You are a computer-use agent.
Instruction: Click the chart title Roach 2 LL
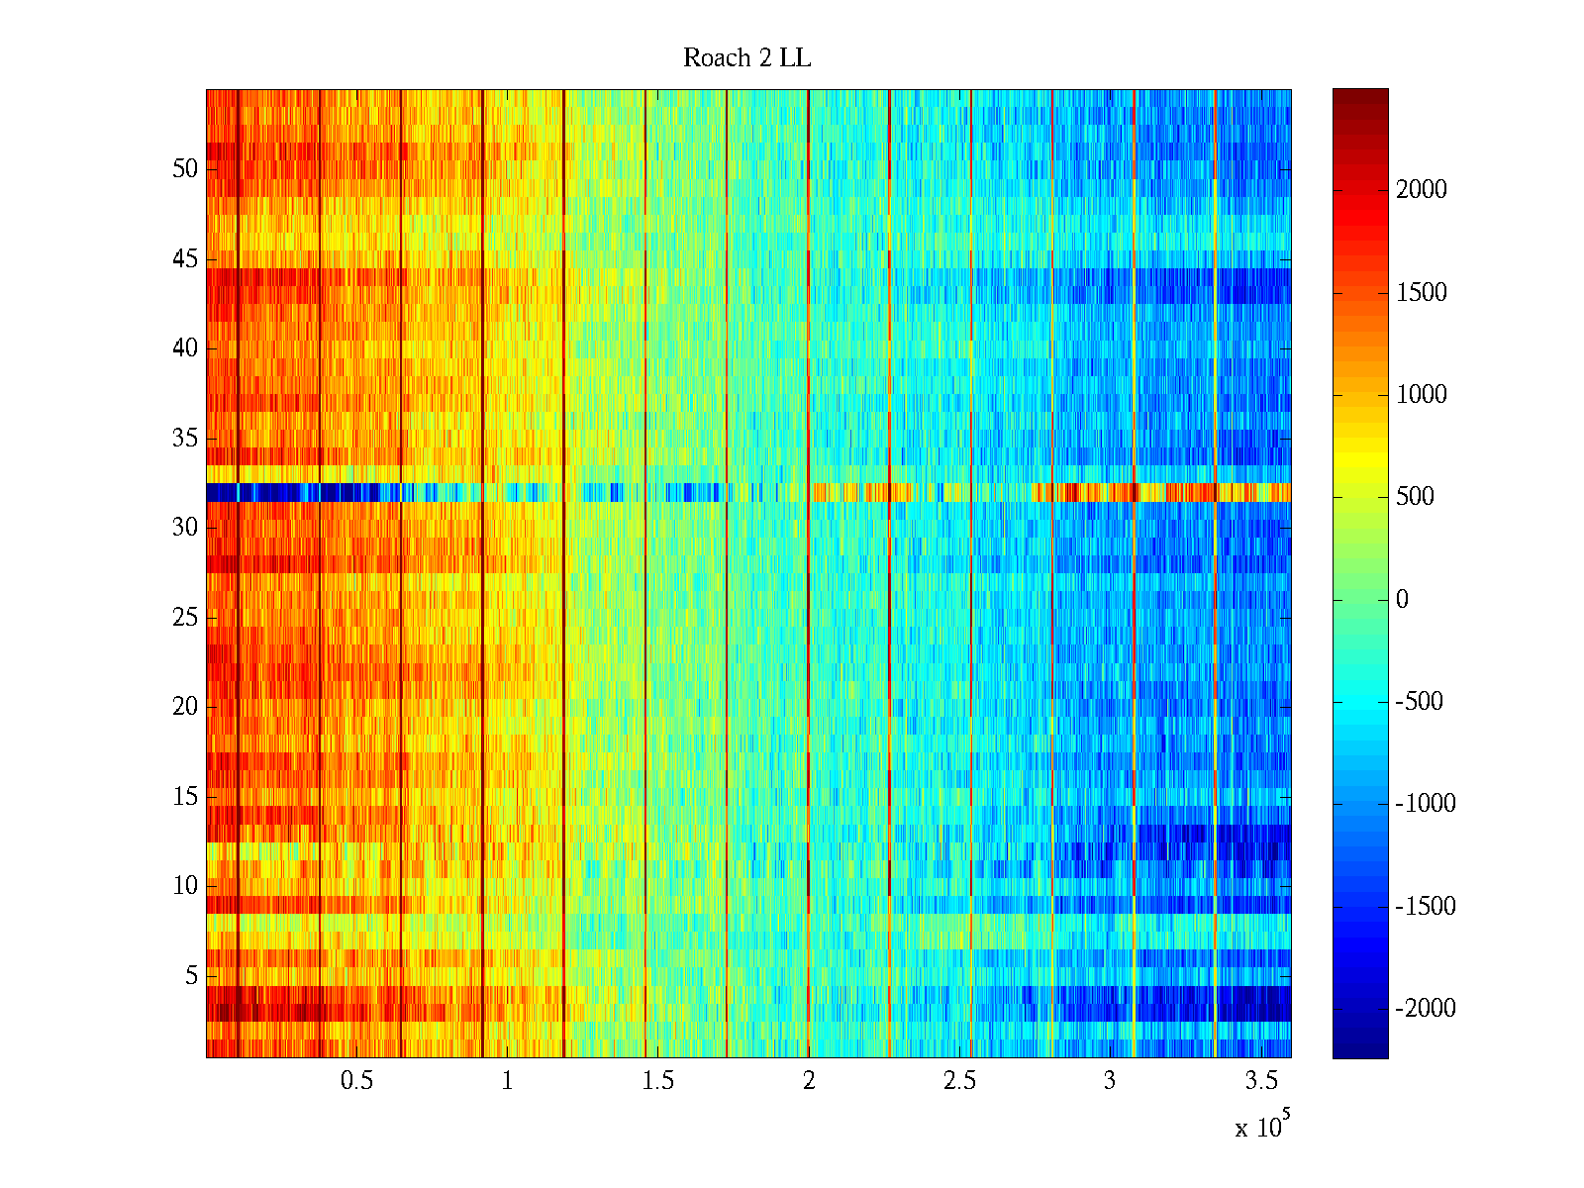[x=746, y=58]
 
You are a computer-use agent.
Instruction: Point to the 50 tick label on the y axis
[x=185, y=169]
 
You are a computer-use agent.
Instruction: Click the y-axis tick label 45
[x=185, y=259]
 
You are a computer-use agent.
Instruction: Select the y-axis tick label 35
[x=185, y=439]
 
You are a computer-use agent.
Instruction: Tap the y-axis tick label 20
[x=185, y=707]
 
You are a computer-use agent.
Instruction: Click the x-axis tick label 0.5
[x=356, y=1081]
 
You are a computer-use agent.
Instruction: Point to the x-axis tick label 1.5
[x=658, y=1081]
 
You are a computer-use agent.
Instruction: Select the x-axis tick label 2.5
[x=959, y=1081]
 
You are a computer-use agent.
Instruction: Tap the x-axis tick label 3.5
[x=1261, y=1081]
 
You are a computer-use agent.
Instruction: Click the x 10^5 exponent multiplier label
[x=1262, y=1126]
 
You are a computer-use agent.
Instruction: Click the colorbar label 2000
[x=1422, y=190]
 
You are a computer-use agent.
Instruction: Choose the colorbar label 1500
[x=1422, y=293]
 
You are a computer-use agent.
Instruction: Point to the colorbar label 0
[x=1402, y=599]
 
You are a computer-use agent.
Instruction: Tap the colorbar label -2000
[x=1426, y=1009]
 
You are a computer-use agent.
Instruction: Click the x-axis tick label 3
[x=1110, y=1081]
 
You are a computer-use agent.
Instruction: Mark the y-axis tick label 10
[x=185, y=886]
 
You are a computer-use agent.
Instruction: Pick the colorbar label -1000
[x=1426, y=804]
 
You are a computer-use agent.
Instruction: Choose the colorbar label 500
[x=1416, y=497]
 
